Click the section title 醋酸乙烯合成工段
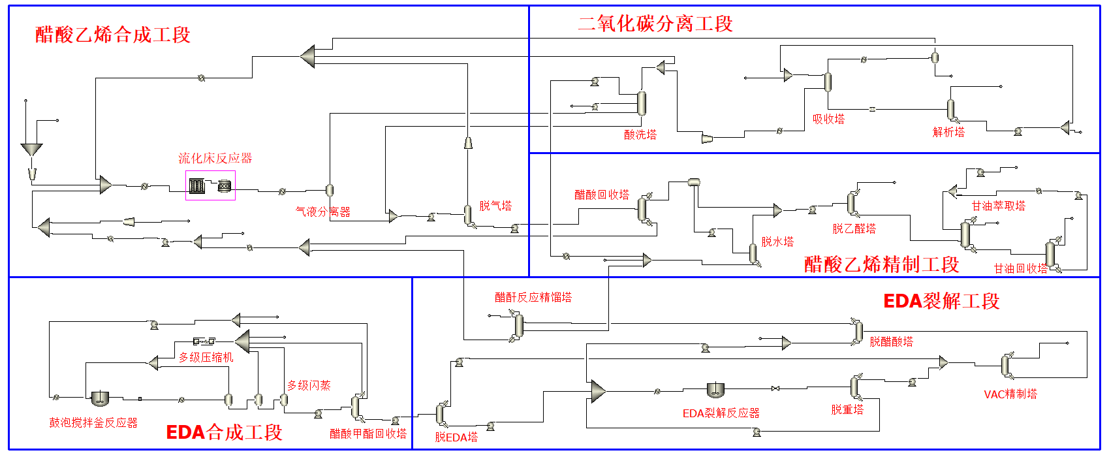[113, 35]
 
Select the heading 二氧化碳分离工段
[655, 24]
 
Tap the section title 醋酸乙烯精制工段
[882, 264]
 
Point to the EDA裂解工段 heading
[942, 301]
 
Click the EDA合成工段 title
[225, 432]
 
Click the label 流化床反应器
[215, 159]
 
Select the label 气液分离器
[323, 212]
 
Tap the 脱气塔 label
[495, 206]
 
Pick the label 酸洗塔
[640, 135]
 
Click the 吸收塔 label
[828, 119]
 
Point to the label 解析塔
[948, 132]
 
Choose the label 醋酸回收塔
[602, 195]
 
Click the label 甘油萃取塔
[999, 206]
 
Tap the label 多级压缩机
[206, 358]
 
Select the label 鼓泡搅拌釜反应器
[93, 422]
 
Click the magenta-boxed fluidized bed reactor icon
[210, 185]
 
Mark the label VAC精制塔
[1010, 394]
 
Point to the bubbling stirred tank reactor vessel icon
[101, 398]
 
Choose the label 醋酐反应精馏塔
[533, 297]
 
